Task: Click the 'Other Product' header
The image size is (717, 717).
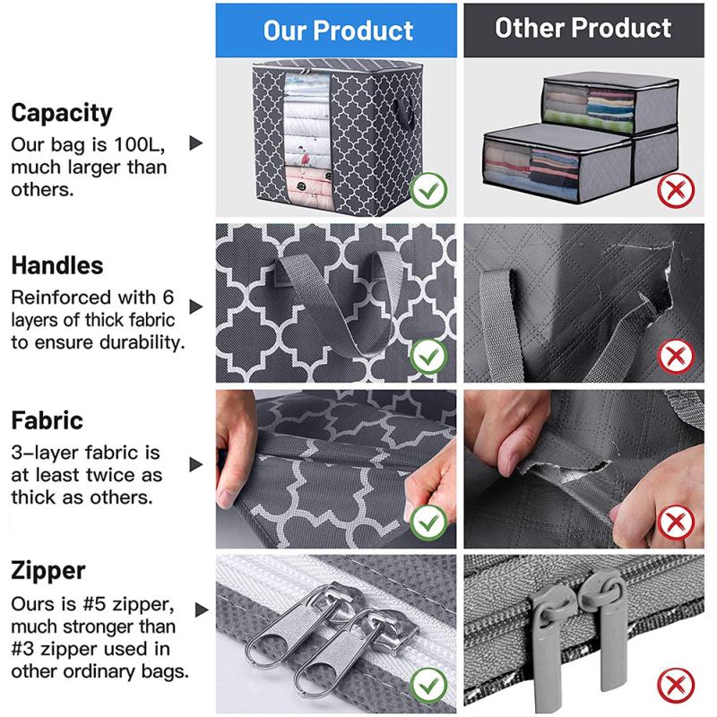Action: [583, 28]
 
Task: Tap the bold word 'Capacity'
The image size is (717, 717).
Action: [62, 113]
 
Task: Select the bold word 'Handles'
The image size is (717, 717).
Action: [57, 265]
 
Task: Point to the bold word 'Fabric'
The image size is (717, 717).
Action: [48, 420]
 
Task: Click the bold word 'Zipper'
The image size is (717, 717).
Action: [49, 570]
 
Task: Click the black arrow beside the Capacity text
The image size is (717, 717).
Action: [196, 143]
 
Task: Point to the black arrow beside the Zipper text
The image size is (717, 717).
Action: [196, 609]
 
